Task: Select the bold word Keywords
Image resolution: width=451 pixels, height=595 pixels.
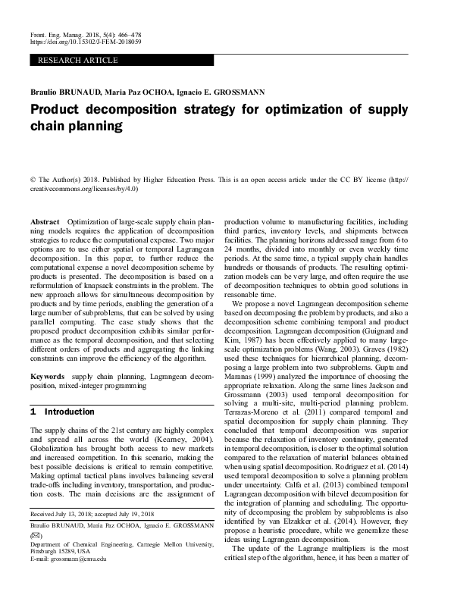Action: point(47,377)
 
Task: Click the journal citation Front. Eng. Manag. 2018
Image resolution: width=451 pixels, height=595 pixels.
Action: point(73,35)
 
